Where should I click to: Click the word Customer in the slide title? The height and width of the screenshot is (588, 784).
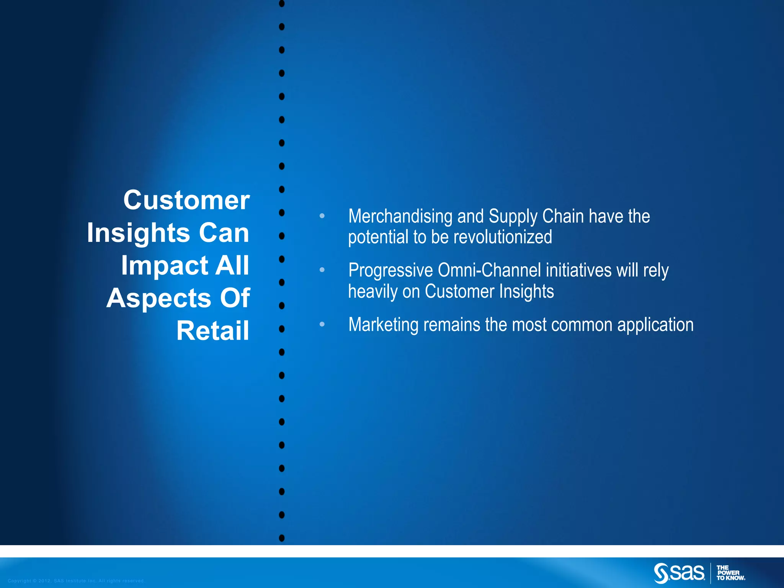click(186, 200)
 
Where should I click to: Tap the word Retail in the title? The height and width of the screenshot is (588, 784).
click(213, 331)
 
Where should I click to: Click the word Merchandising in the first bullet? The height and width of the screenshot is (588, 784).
click(400, 216)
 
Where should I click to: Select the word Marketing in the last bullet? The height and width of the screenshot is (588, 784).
click(384, 325)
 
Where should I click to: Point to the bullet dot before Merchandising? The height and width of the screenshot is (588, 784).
click(322, 216)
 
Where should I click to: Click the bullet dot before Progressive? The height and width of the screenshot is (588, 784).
click(322, 270)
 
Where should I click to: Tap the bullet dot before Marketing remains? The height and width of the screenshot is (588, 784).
click(322, 324)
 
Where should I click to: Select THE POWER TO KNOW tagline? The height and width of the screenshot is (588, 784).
click(730, 573)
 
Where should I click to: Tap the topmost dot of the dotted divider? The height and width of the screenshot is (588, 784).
click(282, 4)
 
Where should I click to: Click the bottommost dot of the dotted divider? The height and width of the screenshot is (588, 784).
click(282, 538)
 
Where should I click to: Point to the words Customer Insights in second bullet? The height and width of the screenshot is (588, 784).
click(489, 292)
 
